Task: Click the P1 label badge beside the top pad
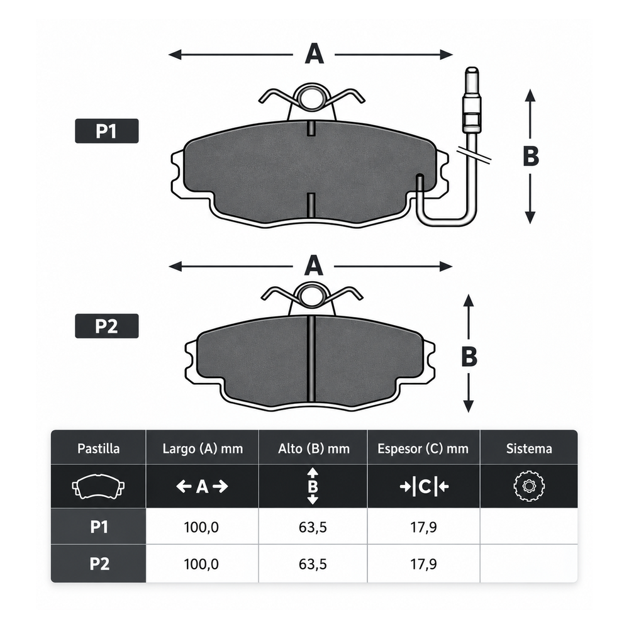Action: click(107, 131)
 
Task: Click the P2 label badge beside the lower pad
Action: click(107, 326)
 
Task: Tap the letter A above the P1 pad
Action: click(314, 54)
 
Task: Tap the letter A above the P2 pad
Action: click(314, 265)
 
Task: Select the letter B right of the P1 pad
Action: click(530, 156)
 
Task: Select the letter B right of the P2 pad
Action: click(469, 356)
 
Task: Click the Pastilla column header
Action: click(98, 448)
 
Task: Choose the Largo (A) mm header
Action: click(203, 448)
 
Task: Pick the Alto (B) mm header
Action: click(314, 448)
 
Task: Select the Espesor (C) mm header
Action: click(423, 448)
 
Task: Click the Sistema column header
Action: click(529, 448)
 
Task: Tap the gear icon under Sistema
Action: click(529, 486)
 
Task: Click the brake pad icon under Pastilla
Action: click(98, 486)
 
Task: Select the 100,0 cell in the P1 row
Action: click(201, 526)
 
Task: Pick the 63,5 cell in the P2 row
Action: click(313, 564)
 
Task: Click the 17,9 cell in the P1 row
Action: click(423, 526)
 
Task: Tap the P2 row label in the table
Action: click(99, 564)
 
